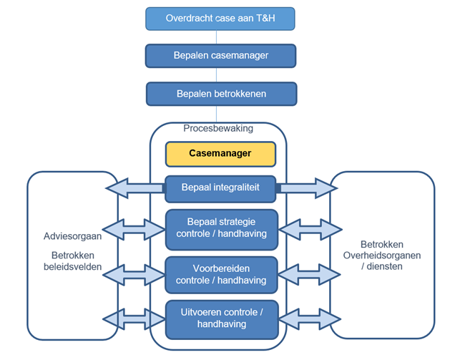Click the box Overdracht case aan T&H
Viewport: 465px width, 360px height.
(220, 18)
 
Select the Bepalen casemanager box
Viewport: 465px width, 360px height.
(221, 55)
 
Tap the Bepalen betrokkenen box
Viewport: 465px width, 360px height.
(221, 93)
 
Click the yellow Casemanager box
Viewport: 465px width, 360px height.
(221, 153)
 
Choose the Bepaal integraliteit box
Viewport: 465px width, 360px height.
(221, 188)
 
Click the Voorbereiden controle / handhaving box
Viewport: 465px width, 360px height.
(221, 274)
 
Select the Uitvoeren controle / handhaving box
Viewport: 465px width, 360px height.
(221, 318)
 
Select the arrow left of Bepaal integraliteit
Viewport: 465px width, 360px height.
(134, 188)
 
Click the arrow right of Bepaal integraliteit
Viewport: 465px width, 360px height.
(307, 188)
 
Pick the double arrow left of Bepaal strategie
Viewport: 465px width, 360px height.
(134, 229)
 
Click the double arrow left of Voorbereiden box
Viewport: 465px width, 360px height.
(134, 274)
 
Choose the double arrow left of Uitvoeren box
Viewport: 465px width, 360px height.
(134, 318)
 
